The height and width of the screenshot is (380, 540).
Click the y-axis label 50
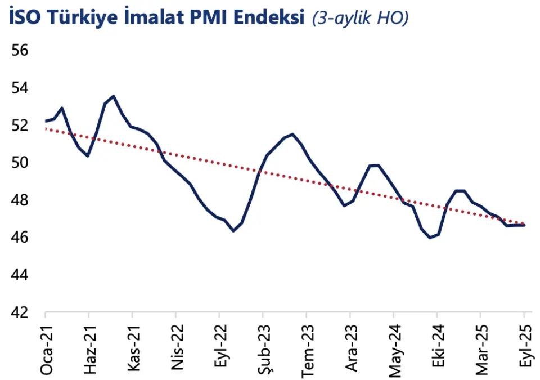(x=19, y=163)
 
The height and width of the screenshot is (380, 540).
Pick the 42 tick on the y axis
(x=19, y=312)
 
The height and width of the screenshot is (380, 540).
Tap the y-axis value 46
(x=19, y=238)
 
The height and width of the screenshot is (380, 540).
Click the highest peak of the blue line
(x=114, y=96)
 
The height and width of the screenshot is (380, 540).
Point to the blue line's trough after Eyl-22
(x=233, y=231)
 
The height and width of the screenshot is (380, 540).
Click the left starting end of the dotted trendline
(x=46, y=129)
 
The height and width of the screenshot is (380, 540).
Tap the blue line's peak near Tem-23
(x=292, y=134)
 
